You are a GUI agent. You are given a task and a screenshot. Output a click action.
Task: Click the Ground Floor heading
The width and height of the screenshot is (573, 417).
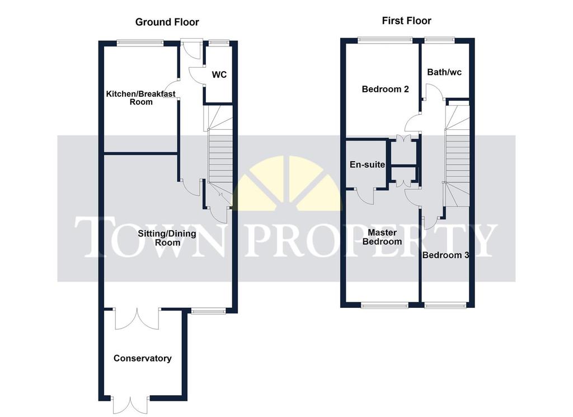[167, 22]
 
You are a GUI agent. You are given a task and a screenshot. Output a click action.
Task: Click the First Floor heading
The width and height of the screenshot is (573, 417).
[406, 21]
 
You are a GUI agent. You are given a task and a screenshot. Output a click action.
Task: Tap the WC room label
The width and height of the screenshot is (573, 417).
[219, 74]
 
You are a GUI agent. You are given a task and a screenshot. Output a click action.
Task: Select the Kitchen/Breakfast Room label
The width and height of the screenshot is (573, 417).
[140, 98]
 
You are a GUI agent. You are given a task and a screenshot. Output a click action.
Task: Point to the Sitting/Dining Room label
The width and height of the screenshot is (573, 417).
[167, 238]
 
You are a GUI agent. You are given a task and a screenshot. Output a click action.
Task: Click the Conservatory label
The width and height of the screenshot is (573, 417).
[143, 358]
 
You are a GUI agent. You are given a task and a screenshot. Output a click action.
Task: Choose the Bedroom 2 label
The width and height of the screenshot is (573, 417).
[385, 89]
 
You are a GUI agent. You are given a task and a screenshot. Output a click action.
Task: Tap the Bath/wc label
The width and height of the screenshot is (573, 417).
[444, 72]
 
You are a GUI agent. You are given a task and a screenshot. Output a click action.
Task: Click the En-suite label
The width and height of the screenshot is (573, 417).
[367, 165]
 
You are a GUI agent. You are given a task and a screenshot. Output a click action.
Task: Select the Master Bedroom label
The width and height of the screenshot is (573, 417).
[382, 237]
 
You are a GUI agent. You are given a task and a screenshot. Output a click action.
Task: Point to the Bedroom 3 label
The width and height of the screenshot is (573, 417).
[445, 255]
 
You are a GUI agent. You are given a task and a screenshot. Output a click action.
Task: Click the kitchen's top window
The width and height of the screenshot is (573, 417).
[140, 43]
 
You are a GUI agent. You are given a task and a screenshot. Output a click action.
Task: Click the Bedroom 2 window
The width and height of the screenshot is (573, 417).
[385, 40]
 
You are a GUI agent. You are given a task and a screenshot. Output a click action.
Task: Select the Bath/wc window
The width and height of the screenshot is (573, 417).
[440, 40]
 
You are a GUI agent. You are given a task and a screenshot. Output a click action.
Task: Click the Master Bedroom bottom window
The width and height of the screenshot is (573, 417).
[385, 305]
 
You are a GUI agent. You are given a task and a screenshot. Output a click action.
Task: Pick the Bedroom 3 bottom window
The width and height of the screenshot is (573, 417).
[445, 305]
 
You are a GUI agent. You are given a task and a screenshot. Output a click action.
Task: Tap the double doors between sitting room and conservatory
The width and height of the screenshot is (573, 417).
[137, 318]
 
